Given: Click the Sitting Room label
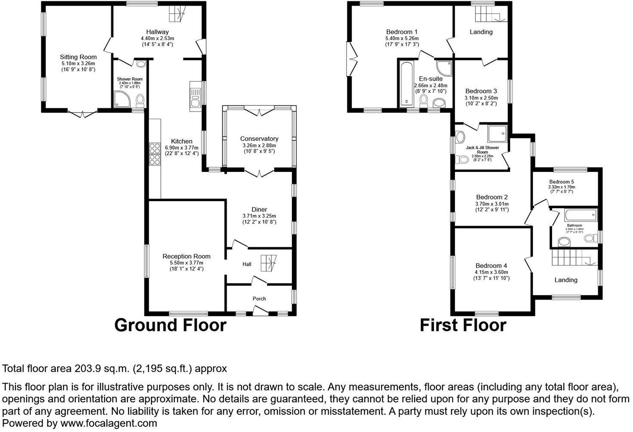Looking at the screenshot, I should pyautogui.click(x=78, y=57).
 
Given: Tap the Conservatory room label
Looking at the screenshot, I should pyautogui.click(x=259, y=138).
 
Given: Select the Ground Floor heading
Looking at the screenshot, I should pyautogui.click(x=170, y=325).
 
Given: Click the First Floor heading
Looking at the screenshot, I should pyautogui.click(x=463, y=325).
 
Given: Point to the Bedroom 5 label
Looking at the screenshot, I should pyautogui.click(x=561, y=182).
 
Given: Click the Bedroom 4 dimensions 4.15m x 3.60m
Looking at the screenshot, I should pyautogui.click(x=491, y=272).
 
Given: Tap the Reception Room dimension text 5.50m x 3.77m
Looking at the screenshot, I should pyautogui.click(x=186, y=263).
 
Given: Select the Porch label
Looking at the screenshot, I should pyautogui.click(x=259, y=298).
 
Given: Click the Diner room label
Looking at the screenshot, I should pyautogui.click(x=259, y=209).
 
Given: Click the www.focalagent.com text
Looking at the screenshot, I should pyautogui.click(x=109, y=423).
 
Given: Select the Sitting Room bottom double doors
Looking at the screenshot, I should pyautogui.click(x=82, y=113).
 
